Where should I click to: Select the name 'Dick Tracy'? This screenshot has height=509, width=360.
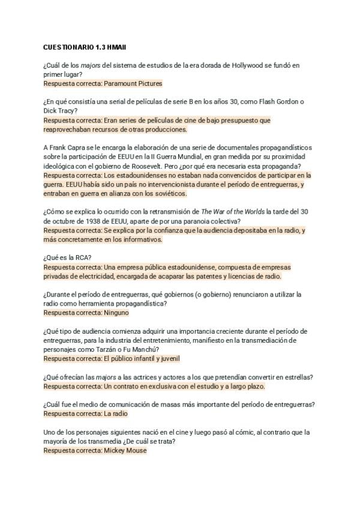pos(59,111)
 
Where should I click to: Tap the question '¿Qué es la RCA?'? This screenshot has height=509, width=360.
pos(67,258)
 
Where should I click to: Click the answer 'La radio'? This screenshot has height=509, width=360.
pos(115,414)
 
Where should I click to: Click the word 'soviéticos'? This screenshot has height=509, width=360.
pos(168,193)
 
